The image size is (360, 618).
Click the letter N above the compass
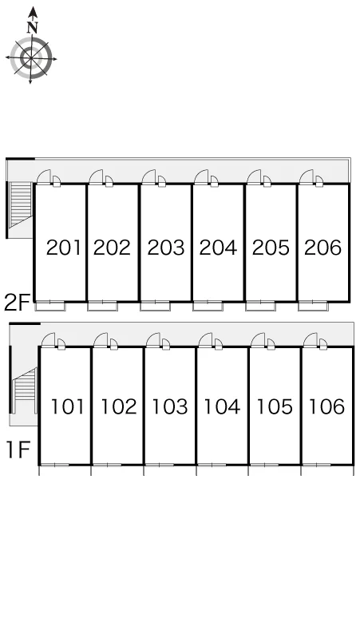32,27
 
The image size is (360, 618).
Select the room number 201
63,248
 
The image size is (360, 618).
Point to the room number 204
218,248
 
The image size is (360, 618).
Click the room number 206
322,248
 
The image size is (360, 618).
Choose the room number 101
68,406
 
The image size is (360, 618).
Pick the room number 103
170,406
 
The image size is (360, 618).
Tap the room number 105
275,406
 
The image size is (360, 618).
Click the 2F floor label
17,303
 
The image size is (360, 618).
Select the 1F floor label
18,450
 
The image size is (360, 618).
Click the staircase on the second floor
21,205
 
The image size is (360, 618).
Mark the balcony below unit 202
102,307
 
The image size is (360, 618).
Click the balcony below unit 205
260,307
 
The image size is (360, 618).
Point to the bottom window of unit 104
212,465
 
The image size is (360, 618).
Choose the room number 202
112,248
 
